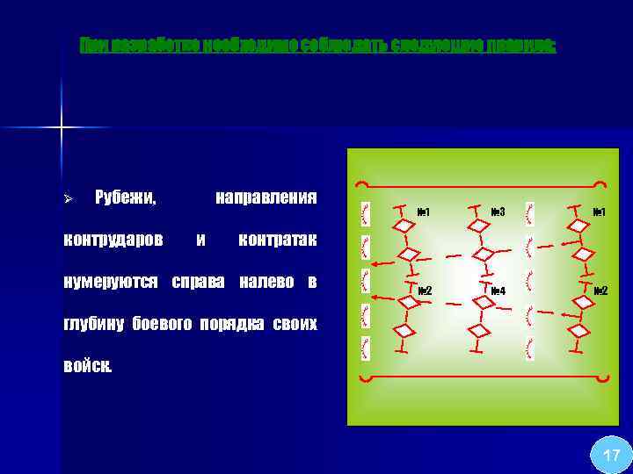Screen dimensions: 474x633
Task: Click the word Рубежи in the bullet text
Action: (x=125, y=197)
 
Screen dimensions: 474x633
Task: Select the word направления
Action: (x=266, y=197)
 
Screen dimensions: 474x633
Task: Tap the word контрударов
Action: (x=113, y=240)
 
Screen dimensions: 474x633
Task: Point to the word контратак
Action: (x=277, y=240)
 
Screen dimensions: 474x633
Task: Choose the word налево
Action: (x=262, y=282)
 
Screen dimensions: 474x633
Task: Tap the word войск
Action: (x=88, y=366)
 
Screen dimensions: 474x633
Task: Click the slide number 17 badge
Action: (x=611, y=455)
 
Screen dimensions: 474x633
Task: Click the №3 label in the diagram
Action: (x=497, y=212)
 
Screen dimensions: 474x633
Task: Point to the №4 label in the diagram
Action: (x=497, y=291)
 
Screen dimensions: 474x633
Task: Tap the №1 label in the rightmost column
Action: (x=600, y=212)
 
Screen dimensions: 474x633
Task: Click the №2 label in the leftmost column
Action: (x=423, y=291)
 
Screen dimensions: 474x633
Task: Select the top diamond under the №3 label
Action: (x=482, y=226)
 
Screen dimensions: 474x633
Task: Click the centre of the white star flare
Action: (x=62, y=128)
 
